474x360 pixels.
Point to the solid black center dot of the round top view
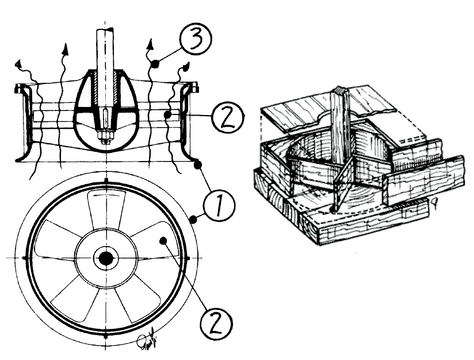106,259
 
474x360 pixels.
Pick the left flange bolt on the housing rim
20,88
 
